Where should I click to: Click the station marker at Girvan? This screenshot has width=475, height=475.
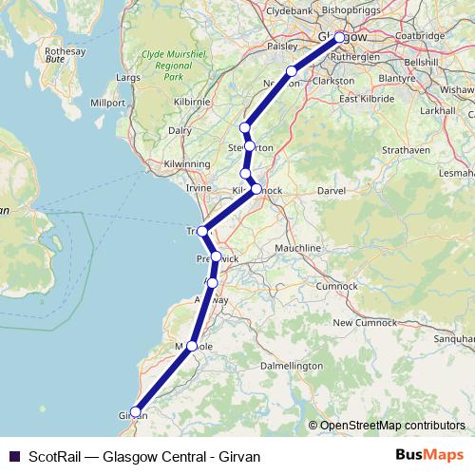[135, 412]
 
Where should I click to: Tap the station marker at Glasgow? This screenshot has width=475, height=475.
[339, 38]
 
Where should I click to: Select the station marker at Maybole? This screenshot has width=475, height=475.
[193, 347]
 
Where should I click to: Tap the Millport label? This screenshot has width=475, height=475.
[107, 102]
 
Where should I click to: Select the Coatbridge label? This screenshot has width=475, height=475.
[418, 35]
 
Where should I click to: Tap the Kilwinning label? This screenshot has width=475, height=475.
[186, 164]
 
